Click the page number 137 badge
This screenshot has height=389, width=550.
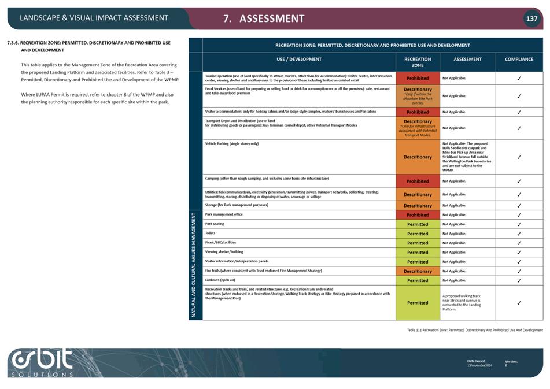pyautogui.click(x=531, y=18)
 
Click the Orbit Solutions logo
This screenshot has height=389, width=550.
pyautogui.click(x=43, y=362)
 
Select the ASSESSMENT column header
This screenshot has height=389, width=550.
pyautogui.click(x=467, y=59)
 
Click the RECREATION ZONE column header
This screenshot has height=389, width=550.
pyautogui.click(x=418, y=62)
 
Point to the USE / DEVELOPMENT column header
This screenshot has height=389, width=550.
pyautogui.click(x=299, y=59)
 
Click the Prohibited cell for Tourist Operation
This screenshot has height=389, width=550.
pyautogui.click(x=418, y=78)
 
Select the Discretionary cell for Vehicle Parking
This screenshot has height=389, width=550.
pyautogui.click(x=418, y=157)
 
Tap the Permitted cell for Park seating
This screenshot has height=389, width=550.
pyautogui.click(x=418, y=224)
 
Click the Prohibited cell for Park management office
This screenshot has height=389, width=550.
pyautogui.click(x=418, y=215)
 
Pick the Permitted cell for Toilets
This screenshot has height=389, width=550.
pyautogui.click(x=418, y=234)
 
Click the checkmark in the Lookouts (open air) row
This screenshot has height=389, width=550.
pyautogui.click(x=519, y=281)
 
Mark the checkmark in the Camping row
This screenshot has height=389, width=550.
pyautogui.click(x=519, y=181)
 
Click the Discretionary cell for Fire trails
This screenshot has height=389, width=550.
pyautogui.click(x=418, y=271)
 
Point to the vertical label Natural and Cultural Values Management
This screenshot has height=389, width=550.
pyautogui.click(x=195, y=264)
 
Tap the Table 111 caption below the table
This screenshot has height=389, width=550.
pyautogui.click(x=474, y=330)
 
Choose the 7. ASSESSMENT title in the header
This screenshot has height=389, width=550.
pyautogui.click(x=264, y=18)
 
